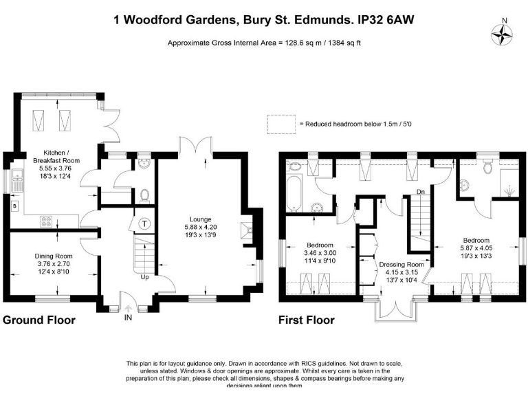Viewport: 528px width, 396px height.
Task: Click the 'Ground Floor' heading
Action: click(39, 320)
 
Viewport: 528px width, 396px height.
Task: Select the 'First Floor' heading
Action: click(306, 320)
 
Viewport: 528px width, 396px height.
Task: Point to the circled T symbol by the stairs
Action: click(146, 223)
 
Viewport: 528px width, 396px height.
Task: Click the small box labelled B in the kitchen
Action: click(14, 204)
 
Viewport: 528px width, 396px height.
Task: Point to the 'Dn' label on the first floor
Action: click(420, 191)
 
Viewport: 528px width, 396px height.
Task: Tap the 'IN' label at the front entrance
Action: click(128, 318)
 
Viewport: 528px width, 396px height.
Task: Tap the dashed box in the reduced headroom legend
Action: click(280, 124)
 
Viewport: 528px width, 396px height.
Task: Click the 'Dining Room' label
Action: click(53, 256)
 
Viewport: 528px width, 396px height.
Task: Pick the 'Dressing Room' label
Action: click(401, 264)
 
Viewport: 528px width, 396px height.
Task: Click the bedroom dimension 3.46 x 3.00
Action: click(320, 253)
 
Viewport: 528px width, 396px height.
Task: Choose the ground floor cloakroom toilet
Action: click(145, 195)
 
